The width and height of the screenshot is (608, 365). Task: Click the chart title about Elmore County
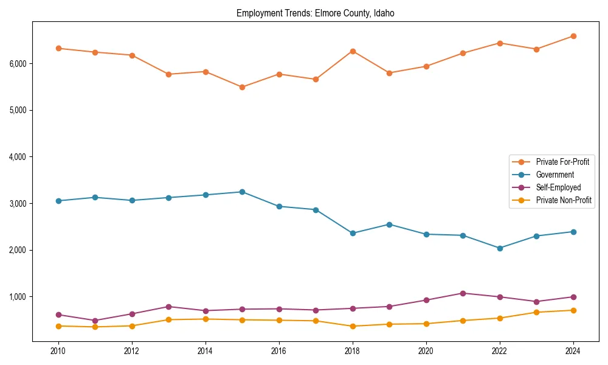[316, 13]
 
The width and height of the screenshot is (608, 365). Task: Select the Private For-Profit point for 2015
[242, 87]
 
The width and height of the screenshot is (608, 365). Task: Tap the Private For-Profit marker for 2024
[573, 36]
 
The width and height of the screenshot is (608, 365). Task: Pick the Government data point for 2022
[500, 248]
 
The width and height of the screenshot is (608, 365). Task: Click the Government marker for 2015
[242, 192]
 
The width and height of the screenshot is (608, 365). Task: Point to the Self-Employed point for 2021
[463, 293]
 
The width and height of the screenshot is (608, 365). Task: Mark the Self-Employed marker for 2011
[95, 321]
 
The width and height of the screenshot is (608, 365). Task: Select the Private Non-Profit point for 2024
[573, 310]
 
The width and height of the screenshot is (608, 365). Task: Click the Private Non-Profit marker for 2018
[353, 326]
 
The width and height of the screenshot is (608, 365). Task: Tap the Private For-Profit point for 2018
[353, 51]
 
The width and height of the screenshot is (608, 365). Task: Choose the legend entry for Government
[554, 175]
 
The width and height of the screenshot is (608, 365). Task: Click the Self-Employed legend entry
[558, 187]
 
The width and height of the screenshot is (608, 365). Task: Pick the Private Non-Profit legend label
[564, 200]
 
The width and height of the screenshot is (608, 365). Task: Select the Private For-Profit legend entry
[562, 162]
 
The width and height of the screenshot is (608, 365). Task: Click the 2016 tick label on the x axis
[279, 351]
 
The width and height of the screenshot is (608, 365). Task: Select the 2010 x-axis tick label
[58, 351]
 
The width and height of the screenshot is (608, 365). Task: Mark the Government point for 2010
[58, 201]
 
